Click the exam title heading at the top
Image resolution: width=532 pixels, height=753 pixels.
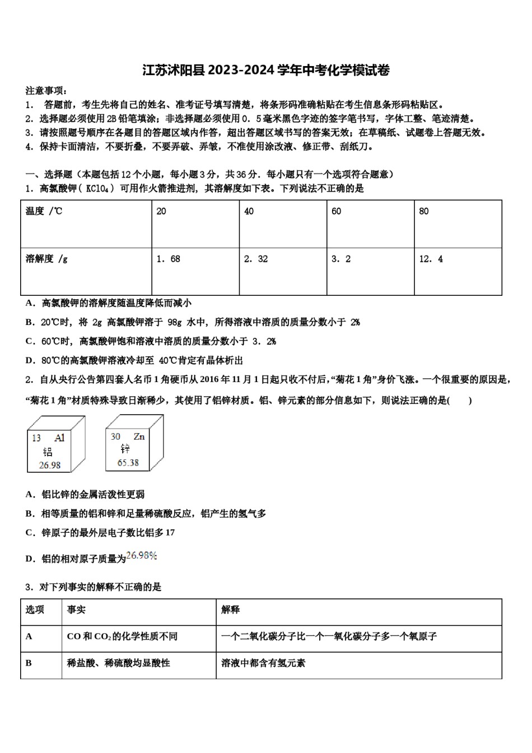266,70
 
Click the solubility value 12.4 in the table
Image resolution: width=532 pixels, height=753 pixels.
431,259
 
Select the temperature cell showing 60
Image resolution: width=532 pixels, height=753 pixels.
336,211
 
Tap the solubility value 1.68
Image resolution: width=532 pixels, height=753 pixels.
168,259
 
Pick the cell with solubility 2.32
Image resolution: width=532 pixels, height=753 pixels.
255,259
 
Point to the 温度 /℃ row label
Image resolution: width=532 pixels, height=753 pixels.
44,211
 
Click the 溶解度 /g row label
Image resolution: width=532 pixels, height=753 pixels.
46,259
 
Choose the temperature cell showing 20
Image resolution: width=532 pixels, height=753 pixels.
161,211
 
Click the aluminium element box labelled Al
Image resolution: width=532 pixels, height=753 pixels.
56,444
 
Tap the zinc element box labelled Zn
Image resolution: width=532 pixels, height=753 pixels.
134,443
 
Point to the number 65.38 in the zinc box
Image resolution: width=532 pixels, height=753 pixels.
128,463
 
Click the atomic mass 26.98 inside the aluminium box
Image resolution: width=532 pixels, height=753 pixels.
49,465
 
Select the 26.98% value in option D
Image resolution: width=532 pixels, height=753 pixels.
142,556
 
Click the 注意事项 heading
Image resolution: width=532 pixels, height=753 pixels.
46,91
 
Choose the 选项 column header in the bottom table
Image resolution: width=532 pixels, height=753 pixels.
35,610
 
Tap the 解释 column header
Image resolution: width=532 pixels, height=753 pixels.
230,610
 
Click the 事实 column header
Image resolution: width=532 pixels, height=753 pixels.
76,610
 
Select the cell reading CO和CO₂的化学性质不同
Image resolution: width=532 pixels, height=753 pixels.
122,636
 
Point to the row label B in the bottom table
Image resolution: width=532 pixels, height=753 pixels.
29,663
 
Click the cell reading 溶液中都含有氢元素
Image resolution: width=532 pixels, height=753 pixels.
263,663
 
